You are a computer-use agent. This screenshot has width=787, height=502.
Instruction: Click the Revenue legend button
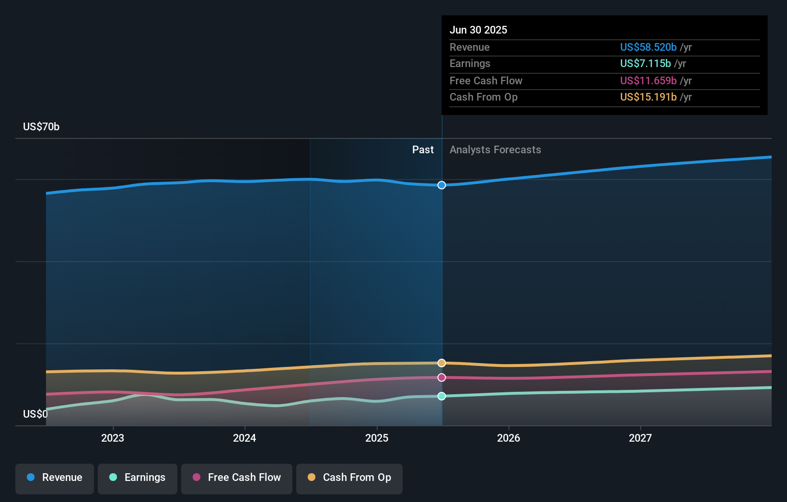coord(55,478)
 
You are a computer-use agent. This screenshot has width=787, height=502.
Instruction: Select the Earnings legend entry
coord(138,478)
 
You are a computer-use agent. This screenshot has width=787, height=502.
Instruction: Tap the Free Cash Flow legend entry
coord(237,478)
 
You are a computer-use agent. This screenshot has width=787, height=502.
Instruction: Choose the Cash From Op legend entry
coord(349,478)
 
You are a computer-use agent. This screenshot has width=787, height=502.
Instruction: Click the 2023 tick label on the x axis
coord(113,438)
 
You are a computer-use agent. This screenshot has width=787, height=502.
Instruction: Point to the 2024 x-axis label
coord(244,438)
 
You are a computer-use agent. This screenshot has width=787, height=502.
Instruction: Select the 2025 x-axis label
coord(377,438)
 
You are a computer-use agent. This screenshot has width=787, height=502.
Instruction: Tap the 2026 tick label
coord(509,438)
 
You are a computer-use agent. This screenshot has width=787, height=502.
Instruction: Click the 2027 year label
coord(640,438)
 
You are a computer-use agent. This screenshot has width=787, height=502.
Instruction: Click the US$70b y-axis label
coord(41,126)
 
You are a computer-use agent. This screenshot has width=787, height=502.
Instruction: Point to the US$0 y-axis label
coord(35,414)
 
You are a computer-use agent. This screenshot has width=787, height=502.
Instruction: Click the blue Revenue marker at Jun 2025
coord(441,185)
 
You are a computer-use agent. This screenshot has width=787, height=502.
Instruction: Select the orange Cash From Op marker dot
coord(441,363)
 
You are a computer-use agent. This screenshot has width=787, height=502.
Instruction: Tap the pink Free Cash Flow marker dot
coord(441,377)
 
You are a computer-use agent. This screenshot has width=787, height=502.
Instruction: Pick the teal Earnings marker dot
coord(441,396)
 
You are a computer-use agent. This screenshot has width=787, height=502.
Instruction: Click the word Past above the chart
coord(423,150)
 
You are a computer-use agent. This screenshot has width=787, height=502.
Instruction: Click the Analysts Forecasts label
coord(495,150)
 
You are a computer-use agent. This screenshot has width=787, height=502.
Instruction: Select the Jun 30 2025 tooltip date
coord(478,30)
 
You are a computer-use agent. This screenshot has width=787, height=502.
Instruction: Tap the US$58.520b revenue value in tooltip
coord(648,47)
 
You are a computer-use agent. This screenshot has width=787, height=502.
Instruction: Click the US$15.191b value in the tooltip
coord(648,97)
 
